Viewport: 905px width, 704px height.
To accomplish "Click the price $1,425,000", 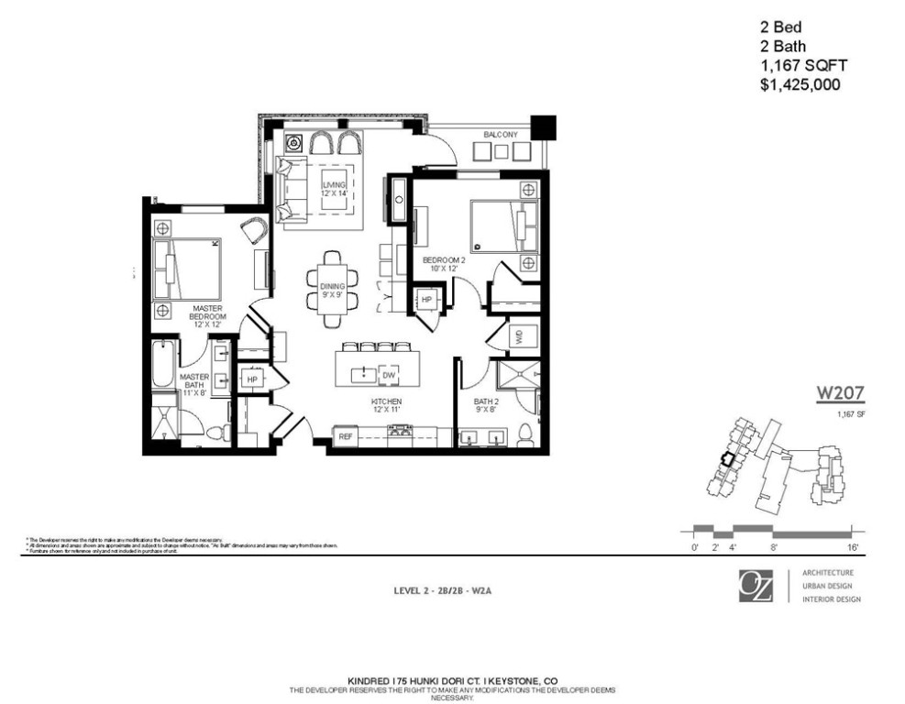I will pos(800,84).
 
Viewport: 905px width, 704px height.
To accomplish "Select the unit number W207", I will pos(841,394).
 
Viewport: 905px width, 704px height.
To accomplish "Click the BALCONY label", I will pos(500,135).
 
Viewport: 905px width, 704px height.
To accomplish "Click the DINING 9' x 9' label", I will pos(333,291).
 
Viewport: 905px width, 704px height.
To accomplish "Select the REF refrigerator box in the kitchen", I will pos(346,436).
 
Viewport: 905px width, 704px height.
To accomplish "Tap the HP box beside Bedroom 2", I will pos(426,300).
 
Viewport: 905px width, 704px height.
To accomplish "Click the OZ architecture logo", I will pos(756,586).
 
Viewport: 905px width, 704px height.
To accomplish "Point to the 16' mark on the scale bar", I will pos(854,547).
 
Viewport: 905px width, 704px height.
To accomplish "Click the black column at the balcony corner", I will pos(544,126).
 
